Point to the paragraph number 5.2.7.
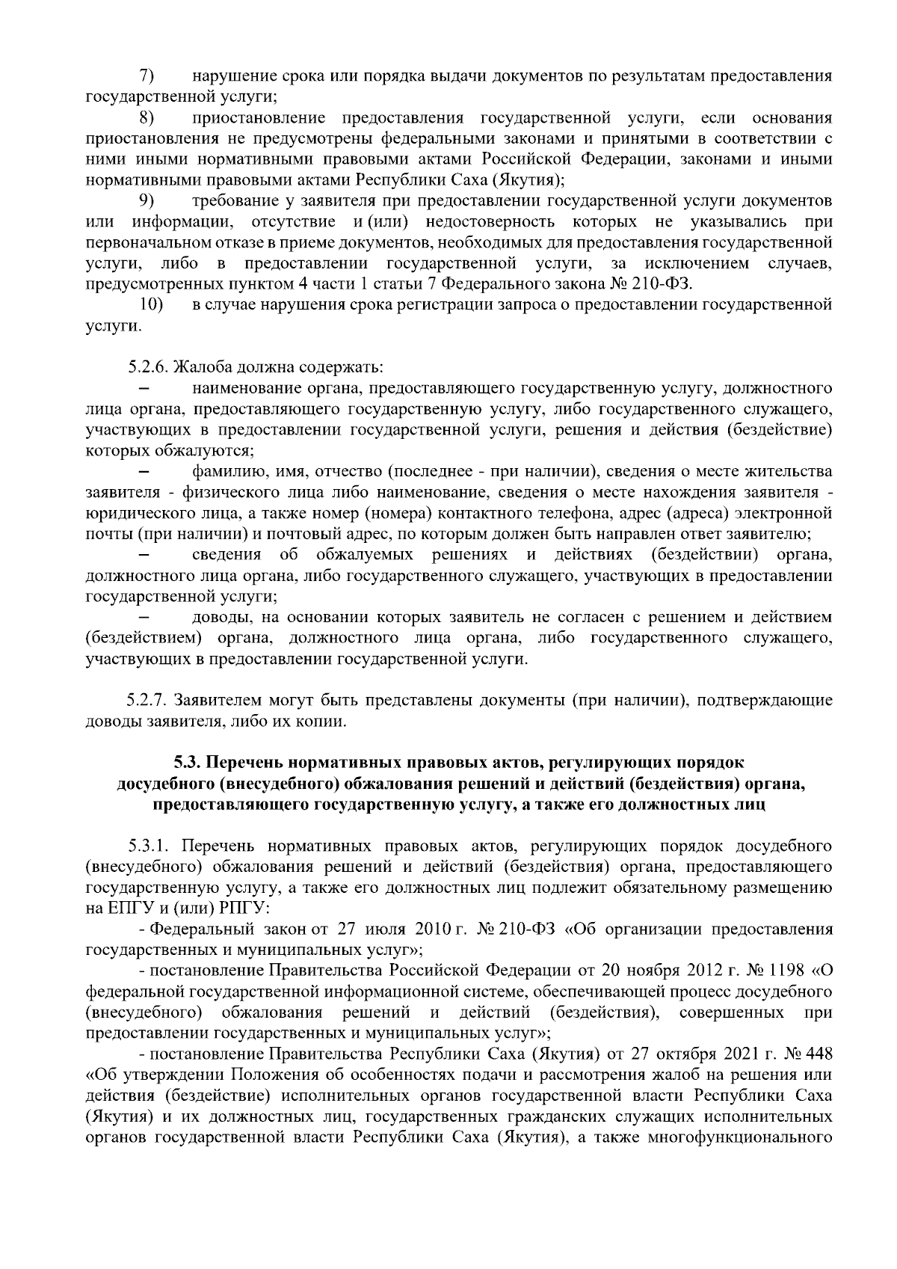coord(147,701)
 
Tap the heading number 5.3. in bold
coord(188,763)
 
